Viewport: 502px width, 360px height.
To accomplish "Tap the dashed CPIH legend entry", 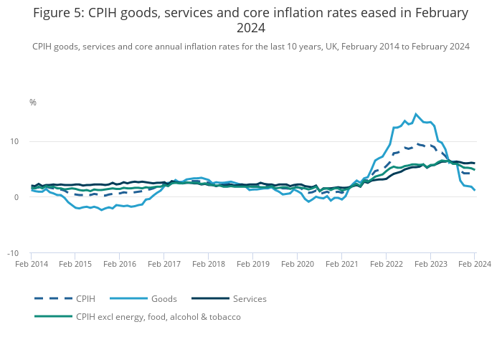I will point(86,298).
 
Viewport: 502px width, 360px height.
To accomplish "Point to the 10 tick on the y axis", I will point(23,141).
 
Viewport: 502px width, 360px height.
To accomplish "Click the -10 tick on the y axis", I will point(22,253).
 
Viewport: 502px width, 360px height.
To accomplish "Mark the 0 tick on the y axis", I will point(24,197).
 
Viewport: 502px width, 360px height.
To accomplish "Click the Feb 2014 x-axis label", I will point(31,264).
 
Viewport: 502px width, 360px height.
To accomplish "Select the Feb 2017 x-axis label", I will point(164,264).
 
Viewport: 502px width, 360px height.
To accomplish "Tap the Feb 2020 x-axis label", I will point(297,264).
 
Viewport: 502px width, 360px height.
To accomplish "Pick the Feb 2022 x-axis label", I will point(386,264).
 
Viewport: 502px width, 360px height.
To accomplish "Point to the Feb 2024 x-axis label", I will point(474,264).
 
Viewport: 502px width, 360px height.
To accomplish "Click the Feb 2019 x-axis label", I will point(252,264).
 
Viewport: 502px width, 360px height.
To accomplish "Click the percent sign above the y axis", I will point(32,103).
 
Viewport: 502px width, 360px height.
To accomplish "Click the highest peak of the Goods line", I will point(416,114).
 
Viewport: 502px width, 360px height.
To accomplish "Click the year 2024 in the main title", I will point(251,29).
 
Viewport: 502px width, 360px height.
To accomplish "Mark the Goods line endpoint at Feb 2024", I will point(475,190).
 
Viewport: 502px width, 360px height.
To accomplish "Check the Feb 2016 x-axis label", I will point(119,264).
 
